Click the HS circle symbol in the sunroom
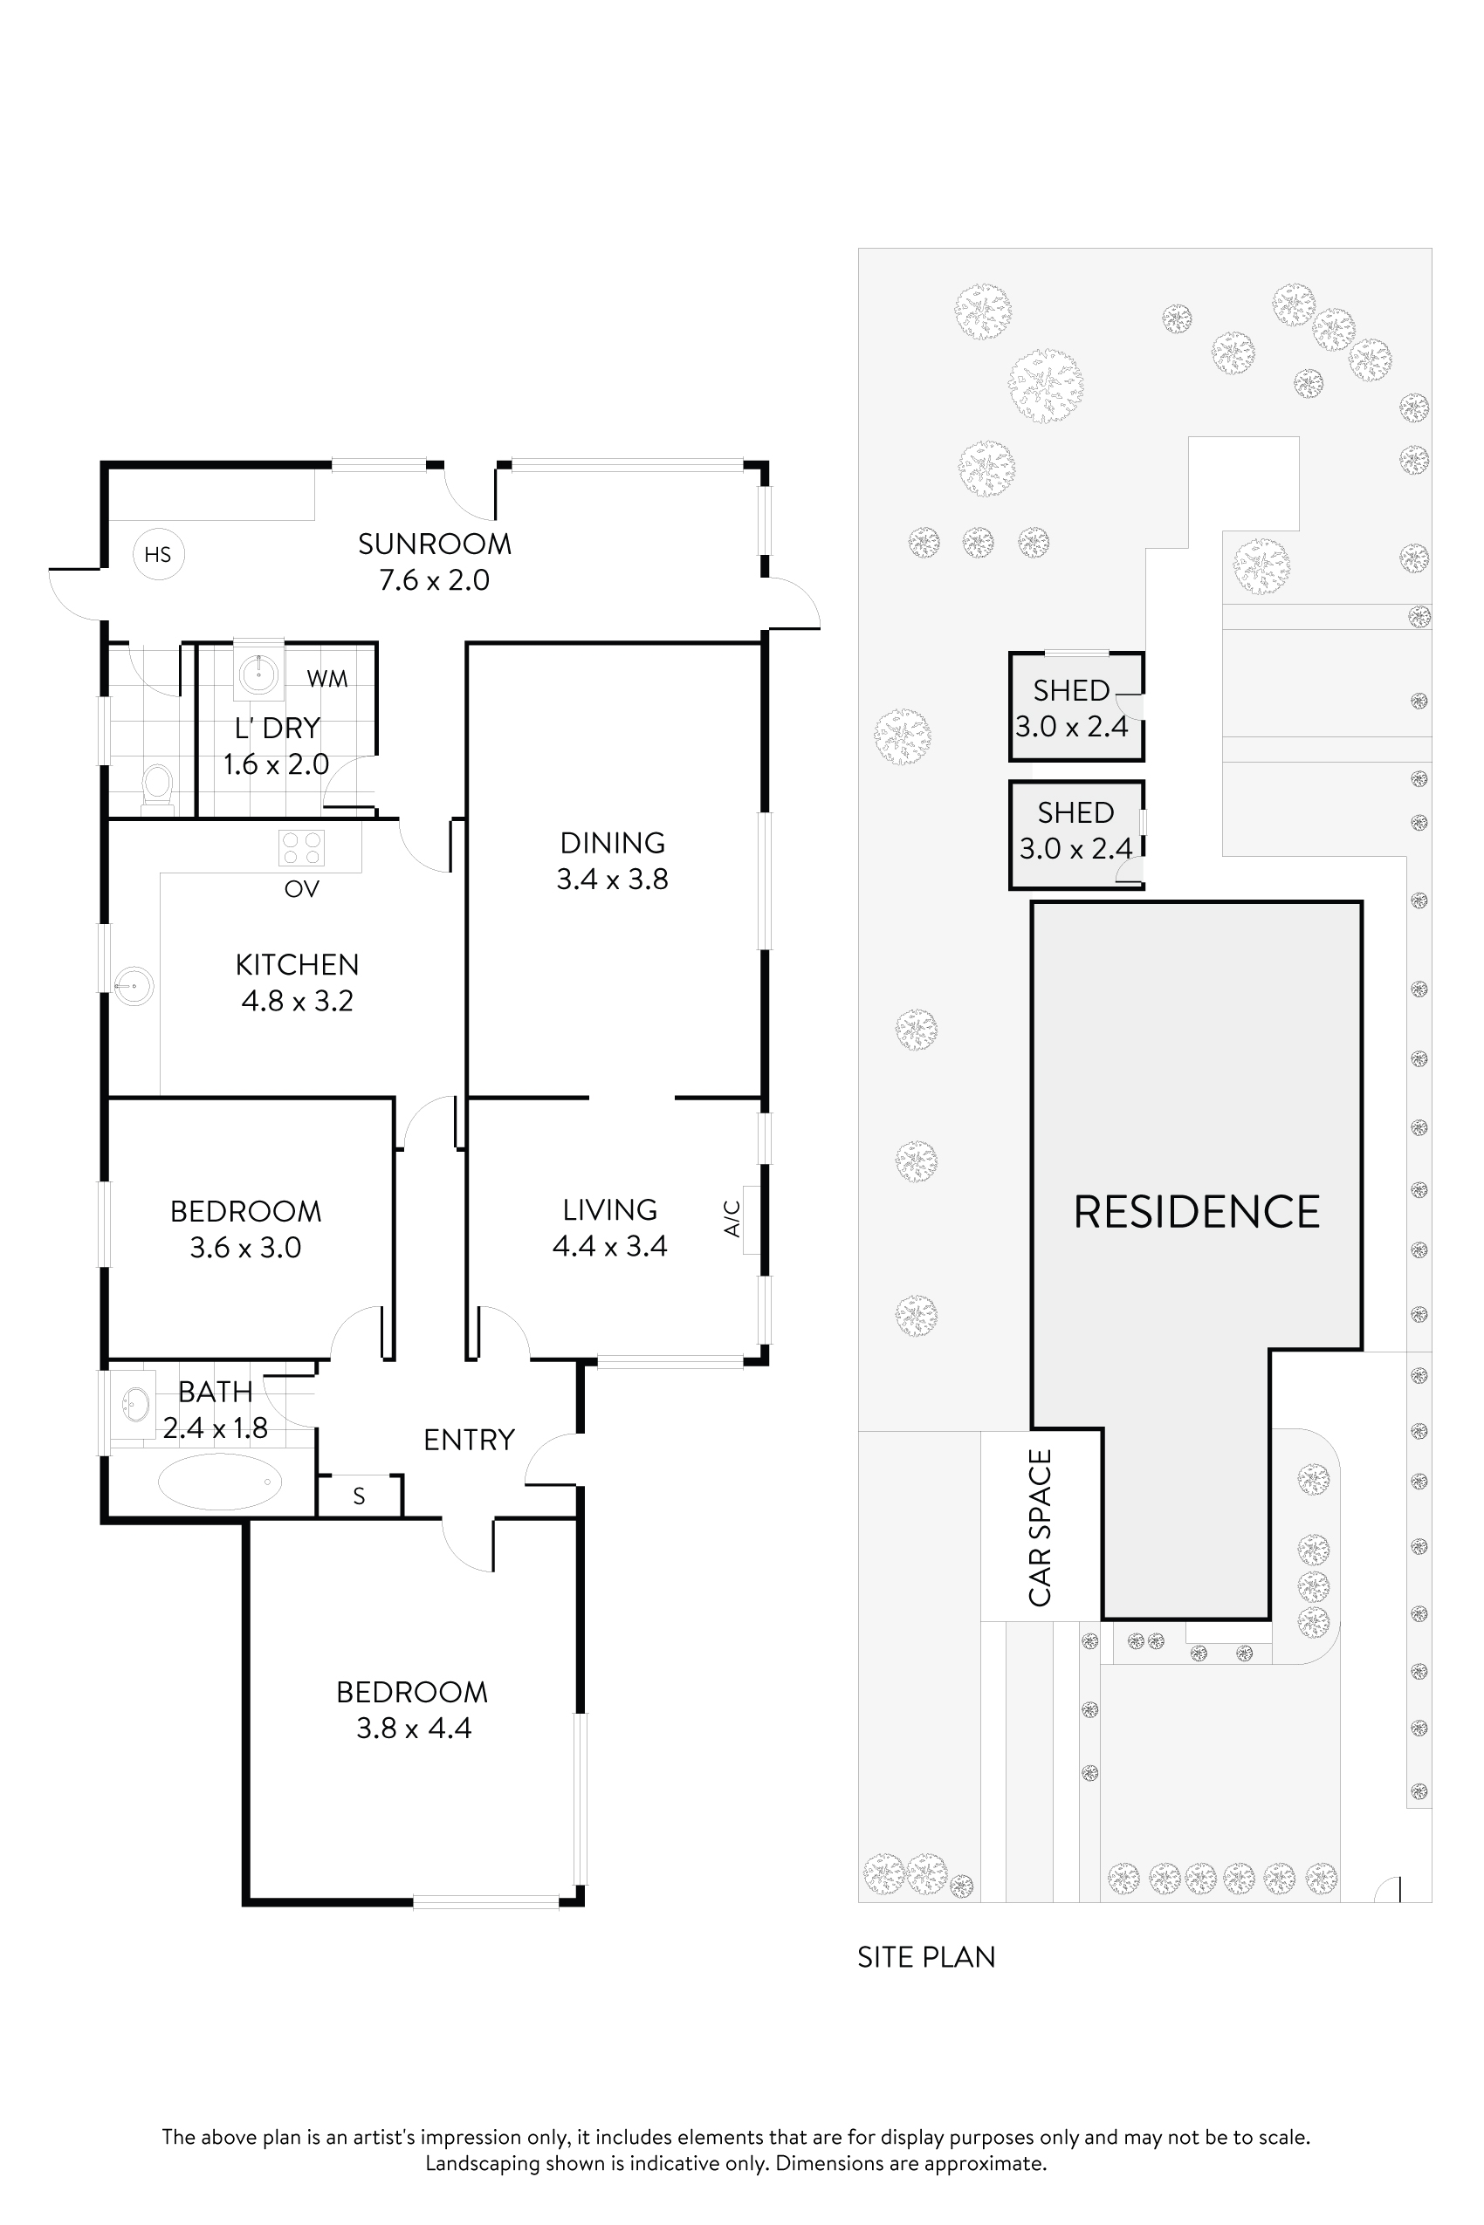tap(158, 554)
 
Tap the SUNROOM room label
tap(435, 544)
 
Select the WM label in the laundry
tap(326, 678)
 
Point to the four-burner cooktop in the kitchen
tap(301, 847)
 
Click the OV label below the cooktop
tap(302, 888)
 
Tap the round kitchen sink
tap(134, 987)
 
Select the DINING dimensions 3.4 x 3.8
tap(612, 879)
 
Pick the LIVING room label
tap(609, 1210)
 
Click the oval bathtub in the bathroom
tap(220, 1482)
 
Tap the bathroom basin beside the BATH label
tap(135, 1405)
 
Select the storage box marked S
tap(359, 1496)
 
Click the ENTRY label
tap(469, 1440)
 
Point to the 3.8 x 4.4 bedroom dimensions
tap(414, 1729)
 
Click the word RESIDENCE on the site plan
tap(1196, 1212)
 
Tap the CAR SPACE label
tap(1041, 1527)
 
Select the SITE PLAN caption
tap(925, 1957)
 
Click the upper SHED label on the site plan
tap(1070, 690)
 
